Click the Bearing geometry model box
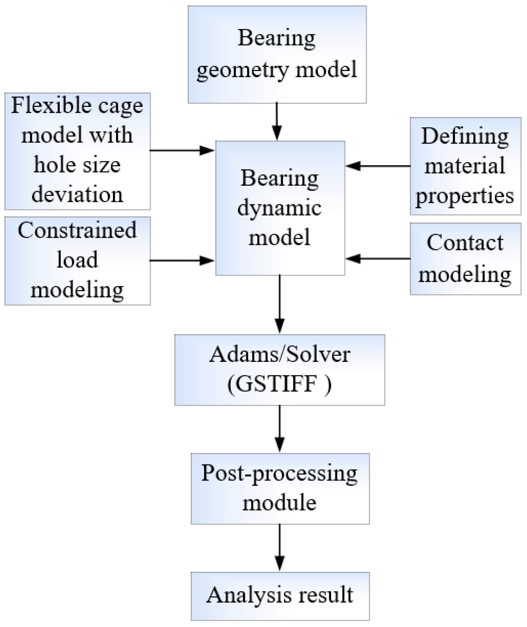(277, 55)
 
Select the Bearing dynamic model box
(280, 208)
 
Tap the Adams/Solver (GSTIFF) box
(280, 370)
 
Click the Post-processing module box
(280, 489)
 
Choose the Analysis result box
(280, 596)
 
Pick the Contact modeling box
(465, 259)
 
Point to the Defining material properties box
(465, 166)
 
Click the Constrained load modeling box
(77, 261)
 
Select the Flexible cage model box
(77, 151)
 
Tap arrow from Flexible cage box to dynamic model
(182, 150)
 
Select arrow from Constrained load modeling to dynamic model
(182, 261)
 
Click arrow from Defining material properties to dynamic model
(378, 166)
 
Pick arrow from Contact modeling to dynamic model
(378, 258)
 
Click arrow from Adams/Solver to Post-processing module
(280, 429)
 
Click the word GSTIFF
(276, 385)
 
